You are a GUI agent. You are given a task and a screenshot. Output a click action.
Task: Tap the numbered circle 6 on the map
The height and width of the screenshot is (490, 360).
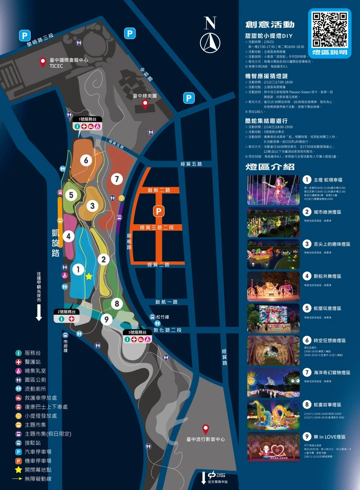click(x=86, y=160)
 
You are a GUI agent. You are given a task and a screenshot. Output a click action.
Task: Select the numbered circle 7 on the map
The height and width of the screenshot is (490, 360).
click(x=117, y=179)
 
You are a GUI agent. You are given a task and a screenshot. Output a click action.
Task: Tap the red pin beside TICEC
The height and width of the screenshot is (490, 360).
click(x=43, y=61)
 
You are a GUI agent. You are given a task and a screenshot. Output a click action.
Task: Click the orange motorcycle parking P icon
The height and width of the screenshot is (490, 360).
click(x=158, y=211)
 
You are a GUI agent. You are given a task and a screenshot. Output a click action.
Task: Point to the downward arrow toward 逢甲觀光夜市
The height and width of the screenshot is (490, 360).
click(x=39, y=312)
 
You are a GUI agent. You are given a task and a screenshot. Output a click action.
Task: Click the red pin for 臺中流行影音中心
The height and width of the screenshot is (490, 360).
click(x=206, y=428)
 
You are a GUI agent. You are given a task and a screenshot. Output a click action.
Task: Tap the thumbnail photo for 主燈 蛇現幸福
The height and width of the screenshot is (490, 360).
click(x=273, y=190)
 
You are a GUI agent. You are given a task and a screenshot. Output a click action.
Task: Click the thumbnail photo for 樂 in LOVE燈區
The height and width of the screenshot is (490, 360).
click(x=273, y=447)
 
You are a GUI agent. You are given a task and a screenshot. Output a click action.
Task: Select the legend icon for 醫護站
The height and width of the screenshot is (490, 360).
click(x=18, y=362)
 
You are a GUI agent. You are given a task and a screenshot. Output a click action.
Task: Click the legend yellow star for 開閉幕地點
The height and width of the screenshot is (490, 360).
click(x=18, y=470)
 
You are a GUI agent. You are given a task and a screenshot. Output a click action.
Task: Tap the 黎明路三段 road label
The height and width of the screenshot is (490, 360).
click(x=40, y=39)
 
